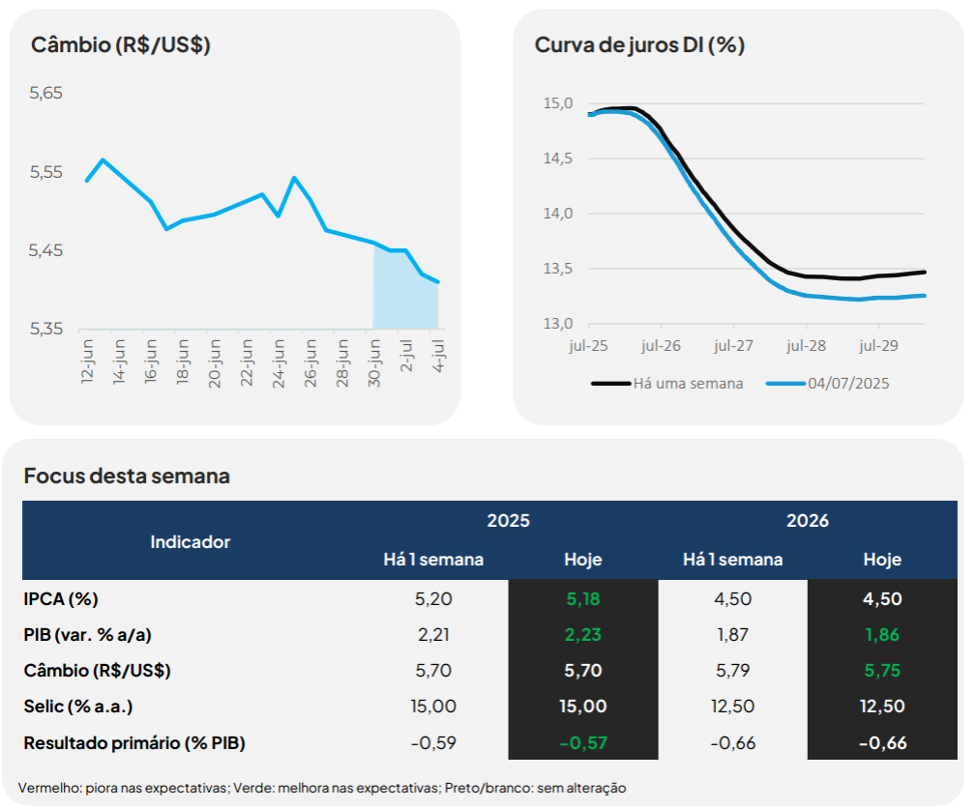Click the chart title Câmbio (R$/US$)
coord(121,44)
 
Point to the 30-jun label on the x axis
coord(373,362)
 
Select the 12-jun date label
coord(87,362)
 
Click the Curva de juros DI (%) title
coord(639,44)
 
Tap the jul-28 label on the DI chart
coord(806,344)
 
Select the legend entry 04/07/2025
coord(848,383)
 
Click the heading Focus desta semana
coord(127,476)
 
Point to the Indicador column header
coord(191,541)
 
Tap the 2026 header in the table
coord(808,521)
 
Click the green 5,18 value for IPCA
coord(583,598)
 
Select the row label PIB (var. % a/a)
coord(88,634)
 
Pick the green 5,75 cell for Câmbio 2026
coord(882,670)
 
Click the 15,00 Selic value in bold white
coord(583,707)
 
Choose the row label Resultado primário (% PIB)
coord(134,743)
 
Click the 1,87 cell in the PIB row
coord(732,634)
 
